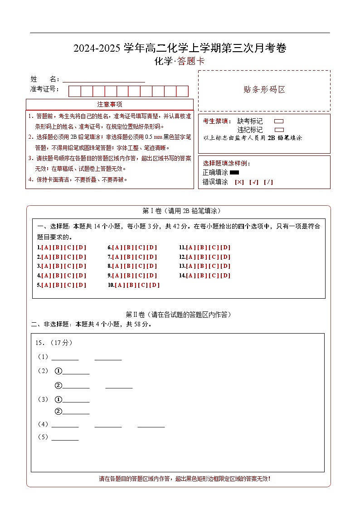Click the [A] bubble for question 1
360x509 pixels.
click(46, 247)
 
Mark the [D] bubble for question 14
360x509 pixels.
click(225, 276)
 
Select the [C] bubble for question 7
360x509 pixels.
click(140, 257)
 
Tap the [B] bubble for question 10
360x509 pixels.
click(131, 285)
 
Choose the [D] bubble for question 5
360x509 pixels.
click(81, 285)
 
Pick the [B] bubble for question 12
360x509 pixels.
click(202, 257)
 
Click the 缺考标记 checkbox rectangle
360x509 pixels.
click(279, 121)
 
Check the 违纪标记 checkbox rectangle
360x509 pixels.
click(279, 130)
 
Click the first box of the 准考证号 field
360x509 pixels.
click(74, 91)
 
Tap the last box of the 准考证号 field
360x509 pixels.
click(182, 91)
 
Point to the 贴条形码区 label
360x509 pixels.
click(264, 90)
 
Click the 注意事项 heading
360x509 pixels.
click(110, 104)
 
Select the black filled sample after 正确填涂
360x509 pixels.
click(234, 172)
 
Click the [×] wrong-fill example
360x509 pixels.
click(239, 182)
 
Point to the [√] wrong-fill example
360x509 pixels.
click(254, 182)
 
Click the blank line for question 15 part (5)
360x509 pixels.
click(65, 438)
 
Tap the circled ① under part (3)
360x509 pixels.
click(58, 400)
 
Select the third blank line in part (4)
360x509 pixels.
click(151, 425)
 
